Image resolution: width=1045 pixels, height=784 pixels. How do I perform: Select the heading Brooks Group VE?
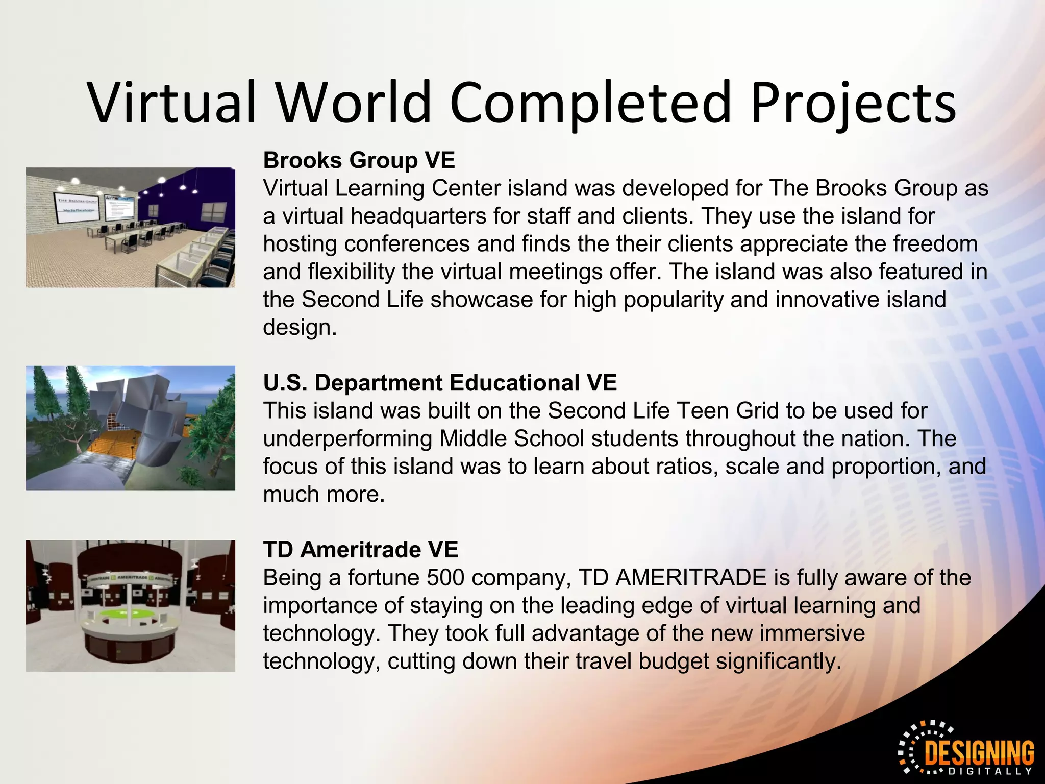click(x=359, y=160)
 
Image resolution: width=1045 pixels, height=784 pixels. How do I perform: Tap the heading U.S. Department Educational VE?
click(x=440, y=383)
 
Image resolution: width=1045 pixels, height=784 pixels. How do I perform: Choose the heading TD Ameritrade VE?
click(x=361, y=550)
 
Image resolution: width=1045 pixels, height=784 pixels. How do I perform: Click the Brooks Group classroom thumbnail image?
click(x=131, y=228)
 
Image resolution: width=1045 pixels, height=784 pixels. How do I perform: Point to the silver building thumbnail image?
click(x=131, y=428)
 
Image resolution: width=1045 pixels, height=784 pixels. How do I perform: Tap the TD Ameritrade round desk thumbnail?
click(x=131, y=605)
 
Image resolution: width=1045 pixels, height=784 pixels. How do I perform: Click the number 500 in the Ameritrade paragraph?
click(x=445, y=578)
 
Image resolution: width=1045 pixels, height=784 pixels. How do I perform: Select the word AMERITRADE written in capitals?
click(x=690, y=578)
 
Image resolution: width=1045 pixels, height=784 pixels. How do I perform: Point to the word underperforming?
click(x=347, y=438)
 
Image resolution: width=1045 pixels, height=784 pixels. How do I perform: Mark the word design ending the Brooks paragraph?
click(x=300, y=327)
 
